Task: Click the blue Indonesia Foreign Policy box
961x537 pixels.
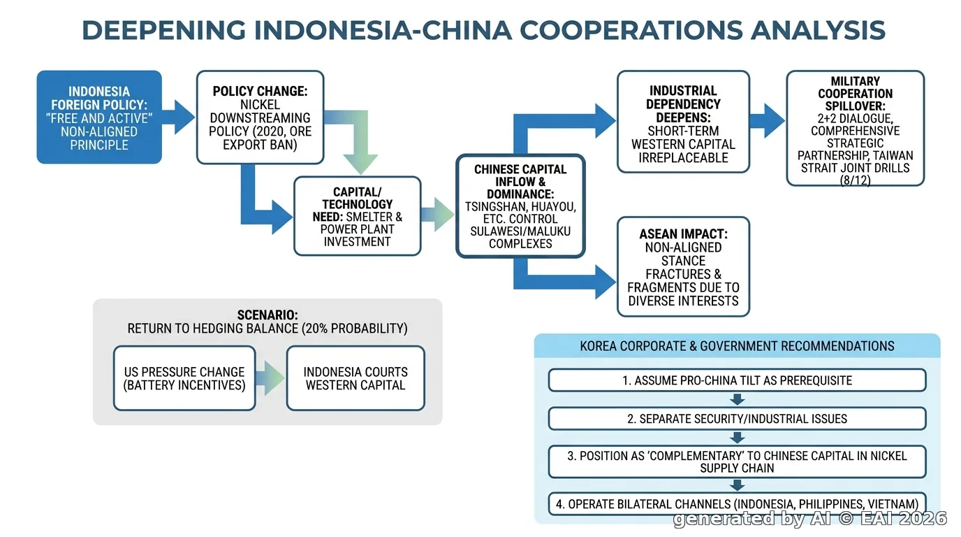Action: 99,117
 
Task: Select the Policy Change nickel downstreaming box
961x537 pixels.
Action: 260,117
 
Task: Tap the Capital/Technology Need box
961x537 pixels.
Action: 358,216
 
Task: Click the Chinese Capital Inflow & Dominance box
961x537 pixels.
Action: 520,206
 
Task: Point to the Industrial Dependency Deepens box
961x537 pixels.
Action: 683,122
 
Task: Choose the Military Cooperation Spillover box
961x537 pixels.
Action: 855,129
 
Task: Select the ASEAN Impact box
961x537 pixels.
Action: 683,267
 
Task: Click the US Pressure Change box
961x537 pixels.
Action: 184,378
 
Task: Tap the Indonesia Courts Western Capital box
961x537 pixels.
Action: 355,378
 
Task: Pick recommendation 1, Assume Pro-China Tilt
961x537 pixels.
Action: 737,380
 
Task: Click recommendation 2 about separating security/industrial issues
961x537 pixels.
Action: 737,418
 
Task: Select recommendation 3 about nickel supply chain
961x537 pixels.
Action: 737,461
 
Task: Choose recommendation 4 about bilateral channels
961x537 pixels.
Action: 737,503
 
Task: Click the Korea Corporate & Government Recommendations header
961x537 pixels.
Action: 737,346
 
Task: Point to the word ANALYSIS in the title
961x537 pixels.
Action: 818,30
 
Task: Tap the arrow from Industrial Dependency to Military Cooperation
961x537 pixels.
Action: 767,121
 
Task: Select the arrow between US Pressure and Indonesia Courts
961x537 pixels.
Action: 270,378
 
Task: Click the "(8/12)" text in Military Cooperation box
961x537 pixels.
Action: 855,180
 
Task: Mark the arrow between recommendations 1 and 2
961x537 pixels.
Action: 737,399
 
